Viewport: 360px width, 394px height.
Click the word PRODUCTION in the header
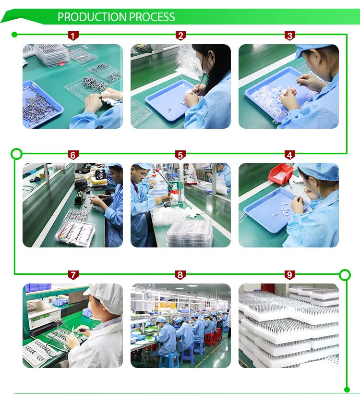(x=92, y=17)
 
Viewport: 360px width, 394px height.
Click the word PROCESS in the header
(x=152, y=17)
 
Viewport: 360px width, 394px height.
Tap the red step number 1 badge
(x=73, y=36)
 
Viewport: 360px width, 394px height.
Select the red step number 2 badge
(x=181, y=36)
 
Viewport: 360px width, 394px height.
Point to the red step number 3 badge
(x=290, y=36)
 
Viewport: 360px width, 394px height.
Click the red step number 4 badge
(x=289, y=155)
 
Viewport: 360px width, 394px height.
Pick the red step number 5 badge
(x=180, y=155)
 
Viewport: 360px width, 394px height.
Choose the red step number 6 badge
(x=73, y=155)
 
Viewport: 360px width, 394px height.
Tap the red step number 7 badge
(x=73, y=275)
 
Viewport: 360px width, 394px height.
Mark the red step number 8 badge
(x=180, y=275)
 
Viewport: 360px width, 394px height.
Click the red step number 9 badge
(x=289, y=275)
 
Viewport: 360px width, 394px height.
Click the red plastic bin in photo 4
(x=280, y=174)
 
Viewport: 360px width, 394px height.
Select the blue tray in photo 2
(x=171, y=100)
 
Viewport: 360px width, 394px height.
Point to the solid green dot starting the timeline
(x=14, y=35)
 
